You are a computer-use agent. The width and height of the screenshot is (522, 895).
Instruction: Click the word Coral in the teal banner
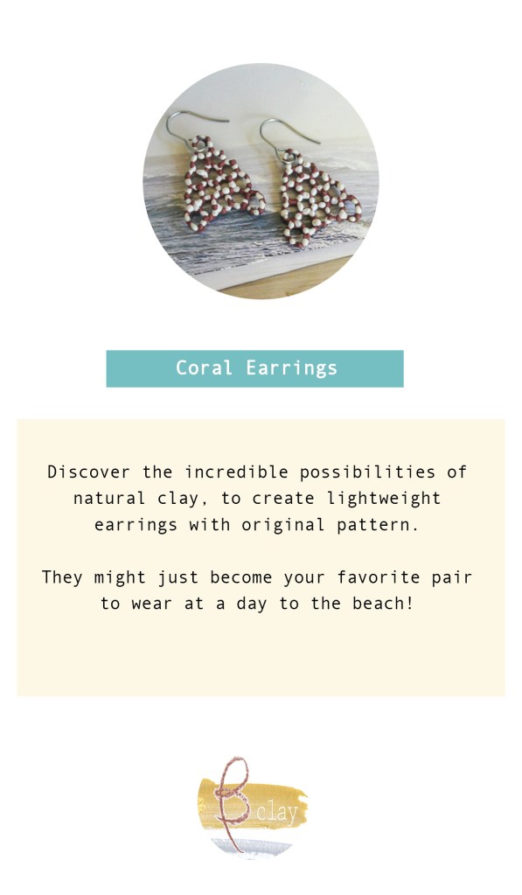tap(204, 367)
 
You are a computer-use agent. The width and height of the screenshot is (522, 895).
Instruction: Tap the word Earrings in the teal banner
tap(291, 368)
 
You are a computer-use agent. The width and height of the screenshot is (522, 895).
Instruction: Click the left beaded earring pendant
tap(223, 184)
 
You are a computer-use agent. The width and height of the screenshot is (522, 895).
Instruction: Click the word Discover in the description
tap(88, 472)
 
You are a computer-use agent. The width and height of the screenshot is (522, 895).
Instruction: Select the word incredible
tap(236, 472)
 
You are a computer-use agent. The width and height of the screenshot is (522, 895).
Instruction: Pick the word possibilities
tap(367, 472)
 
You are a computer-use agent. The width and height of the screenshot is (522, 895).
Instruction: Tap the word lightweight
tap(384, 499)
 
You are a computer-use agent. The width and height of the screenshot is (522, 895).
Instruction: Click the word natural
tap(109, 499)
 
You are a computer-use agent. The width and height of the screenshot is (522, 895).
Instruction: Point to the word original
tap(282, 525)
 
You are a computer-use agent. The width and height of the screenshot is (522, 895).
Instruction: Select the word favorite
tap(378, 577)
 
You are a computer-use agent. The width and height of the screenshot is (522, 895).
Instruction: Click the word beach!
tap(382, 604)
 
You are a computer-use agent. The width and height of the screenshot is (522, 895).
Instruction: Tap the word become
tap(240, 577)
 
